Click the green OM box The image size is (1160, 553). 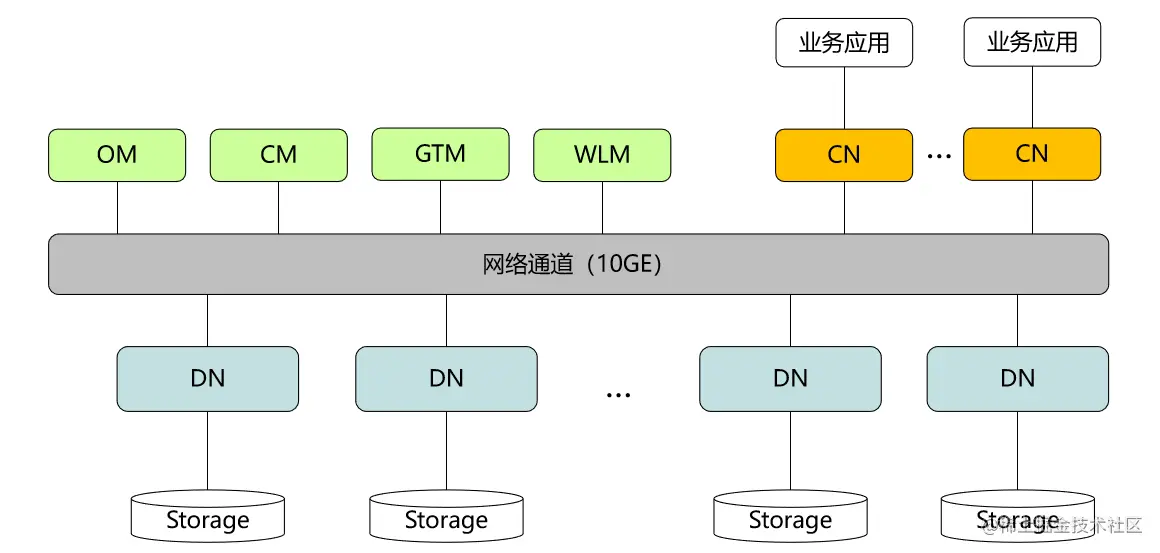[117, 155]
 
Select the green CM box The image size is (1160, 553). [278, 155]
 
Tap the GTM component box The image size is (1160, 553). [440, 154]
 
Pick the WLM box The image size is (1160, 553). [602, 155]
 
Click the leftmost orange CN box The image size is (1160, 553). [844, 155]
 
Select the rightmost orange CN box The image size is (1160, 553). [1032, 154]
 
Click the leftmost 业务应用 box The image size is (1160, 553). [844, 43]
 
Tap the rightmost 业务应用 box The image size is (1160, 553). [1032, 42]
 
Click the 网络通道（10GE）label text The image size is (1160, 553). [572, 265]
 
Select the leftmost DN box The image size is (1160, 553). [208, 379]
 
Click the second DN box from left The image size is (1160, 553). [446, 379]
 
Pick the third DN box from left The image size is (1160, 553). [790, 379]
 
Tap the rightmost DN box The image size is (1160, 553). [1017, 379]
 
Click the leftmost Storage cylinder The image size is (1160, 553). [208, 518]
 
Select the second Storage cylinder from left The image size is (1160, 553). [446, 518]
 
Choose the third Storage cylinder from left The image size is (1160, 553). [790, 518]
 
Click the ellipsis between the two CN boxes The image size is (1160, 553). [938, 156]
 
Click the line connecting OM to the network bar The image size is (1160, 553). [117, 208]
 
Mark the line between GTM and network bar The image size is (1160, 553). [440, 207]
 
